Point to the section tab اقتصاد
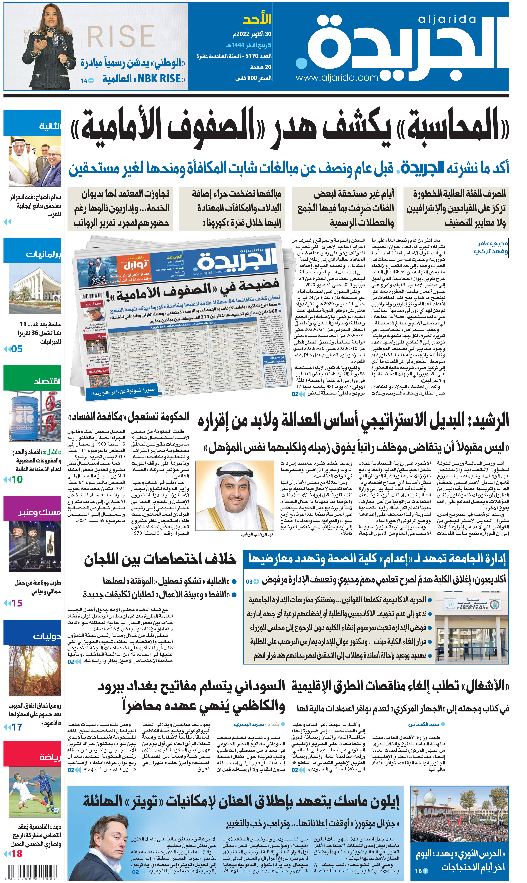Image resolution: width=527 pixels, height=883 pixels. (x=46, y=381)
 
